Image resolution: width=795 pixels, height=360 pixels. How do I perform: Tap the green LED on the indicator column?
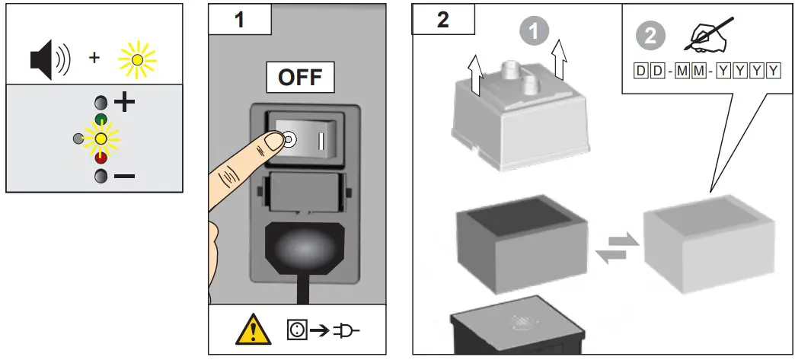[x=101, y=119]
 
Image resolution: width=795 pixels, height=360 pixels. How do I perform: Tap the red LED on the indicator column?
[x=101, y=158]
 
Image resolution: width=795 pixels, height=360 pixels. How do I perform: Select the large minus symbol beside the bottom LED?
[x=124, y=177]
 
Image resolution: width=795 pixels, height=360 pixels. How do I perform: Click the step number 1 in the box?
[x=239, y=19]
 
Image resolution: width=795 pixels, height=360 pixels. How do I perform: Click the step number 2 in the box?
[x=442, y=19]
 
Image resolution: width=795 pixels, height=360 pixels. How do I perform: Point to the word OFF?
[x=299, y=78]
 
